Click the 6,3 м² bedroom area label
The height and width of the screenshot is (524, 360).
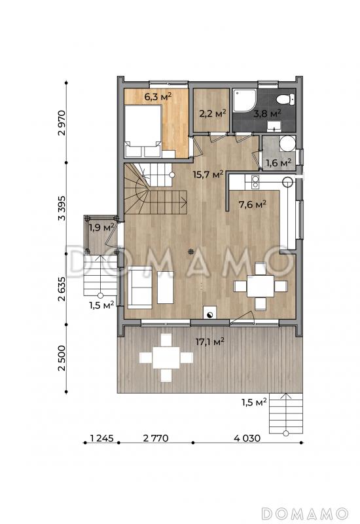click(x=158, y=97)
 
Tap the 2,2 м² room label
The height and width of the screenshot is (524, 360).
click(x=212, y=113)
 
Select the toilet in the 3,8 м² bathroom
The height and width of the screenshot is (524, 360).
click(x=285, y=100)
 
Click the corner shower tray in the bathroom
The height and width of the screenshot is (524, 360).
click(x=245, y=100)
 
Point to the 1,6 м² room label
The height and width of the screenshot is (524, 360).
click(x=279, y=162)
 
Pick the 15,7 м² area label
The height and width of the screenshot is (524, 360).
click(x=208, y=174)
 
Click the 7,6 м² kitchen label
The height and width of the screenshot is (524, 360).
click(x=252, y=204)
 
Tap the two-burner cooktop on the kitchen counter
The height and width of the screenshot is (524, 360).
click(x=255, y=181)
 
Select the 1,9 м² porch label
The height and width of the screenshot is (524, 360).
click(x=101, y=227)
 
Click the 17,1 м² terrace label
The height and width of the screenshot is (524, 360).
click(x=209, y=341)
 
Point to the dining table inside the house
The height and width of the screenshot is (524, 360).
click(x=261, y=286)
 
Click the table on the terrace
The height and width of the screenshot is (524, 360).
click(x=166, y=358)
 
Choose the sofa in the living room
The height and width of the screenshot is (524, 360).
click(x=140, y=287)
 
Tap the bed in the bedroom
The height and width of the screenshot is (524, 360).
click(x=143, y=131)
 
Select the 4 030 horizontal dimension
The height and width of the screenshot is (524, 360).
click(x=247, y=438)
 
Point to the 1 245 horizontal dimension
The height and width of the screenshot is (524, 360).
click(x=102, y=438)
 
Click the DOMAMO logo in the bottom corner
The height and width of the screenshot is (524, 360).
click(x=304, y=514)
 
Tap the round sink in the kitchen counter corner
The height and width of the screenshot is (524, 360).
click(x=288, y=182)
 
